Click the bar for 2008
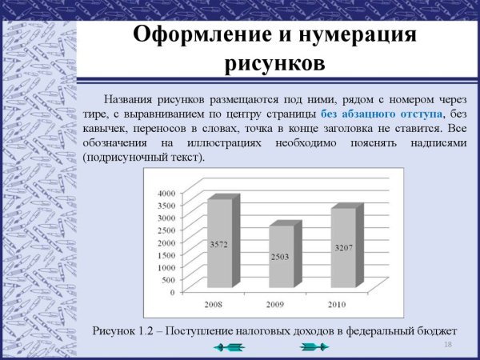coord(219,244)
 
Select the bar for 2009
coord(281,256)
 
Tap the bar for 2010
coord(342,248)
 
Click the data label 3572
coord(219,244)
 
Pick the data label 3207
coord(342,248)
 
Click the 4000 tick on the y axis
coord(163,193)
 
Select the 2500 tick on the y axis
coord(163,230)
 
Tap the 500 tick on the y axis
coord(166,279)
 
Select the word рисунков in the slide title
coord(274,62)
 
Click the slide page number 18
coord(448,344)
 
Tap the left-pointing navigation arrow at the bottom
coord(230,346)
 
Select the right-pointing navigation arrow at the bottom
coord(313,346)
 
